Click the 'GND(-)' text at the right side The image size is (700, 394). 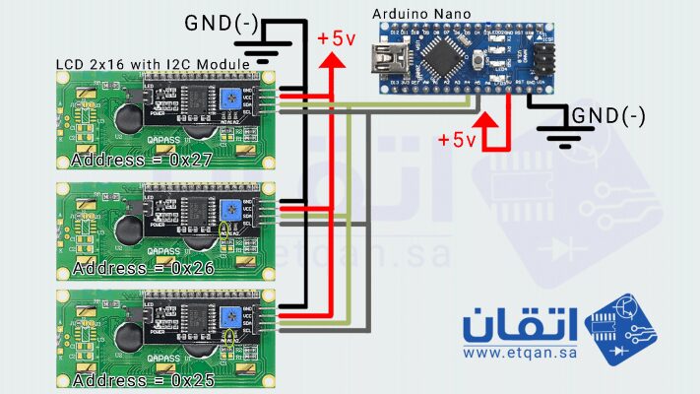pos(609,116)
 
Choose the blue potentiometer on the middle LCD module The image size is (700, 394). pos(229,209)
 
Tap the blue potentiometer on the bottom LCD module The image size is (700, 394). pos(229,317)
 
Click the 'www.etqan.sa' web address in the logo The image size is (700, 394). pos(519,352)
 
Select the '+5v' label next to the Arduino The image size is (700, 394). pos(457,139)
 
